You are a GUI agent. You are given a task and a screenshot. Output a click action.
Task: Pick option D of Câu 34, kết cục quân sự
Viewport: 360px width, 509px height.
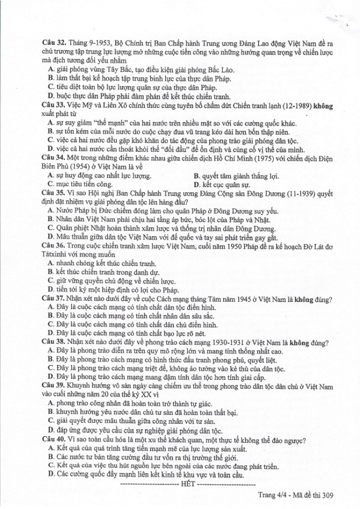tap(222, 184)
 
